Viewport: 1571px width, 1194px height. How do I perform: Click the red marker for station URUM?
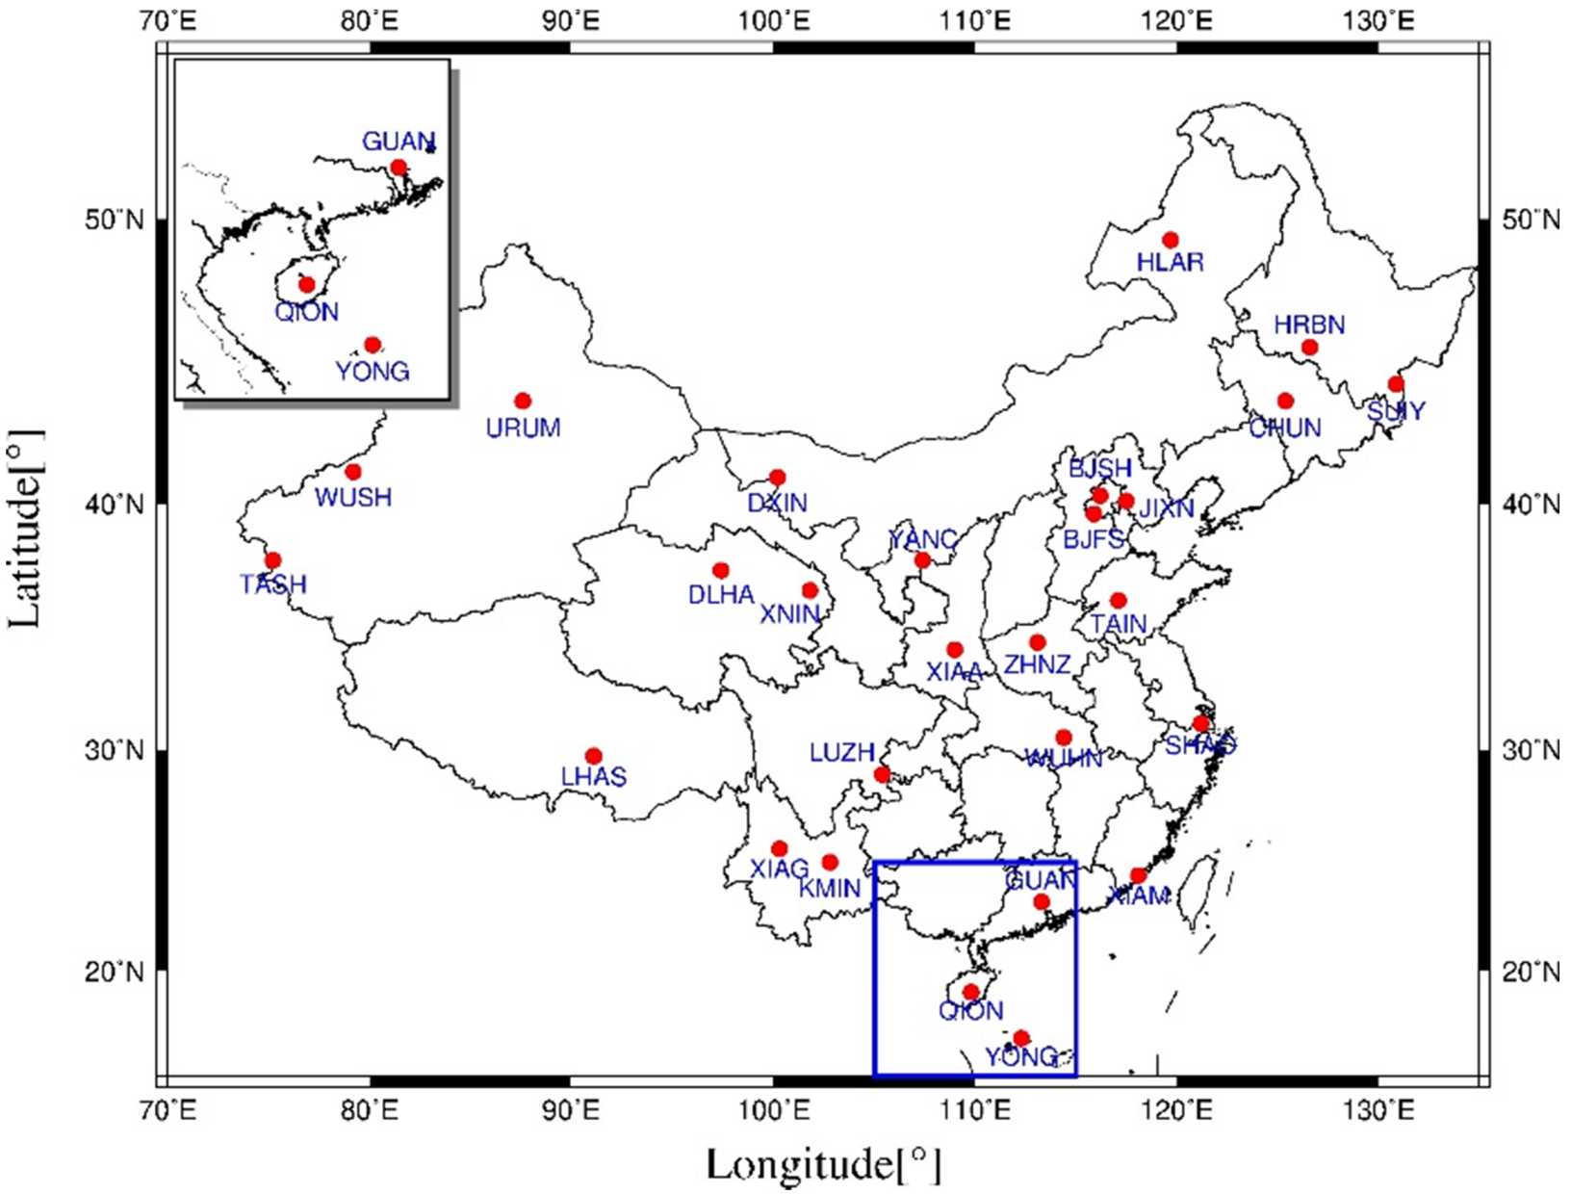click(523, 401)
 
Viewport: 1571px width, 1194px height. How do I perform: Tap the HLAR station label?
click(1170, 262)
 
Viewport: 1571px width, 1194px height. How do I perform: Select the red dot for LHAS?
click(594, 756)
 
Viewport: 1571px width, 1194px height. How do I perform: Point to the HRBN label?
click(1309, 324)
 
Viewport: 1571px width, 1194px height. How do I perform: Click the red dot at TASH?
click(272, 560)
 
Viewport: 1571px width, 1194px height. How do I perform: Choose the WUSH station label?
click(353, 497)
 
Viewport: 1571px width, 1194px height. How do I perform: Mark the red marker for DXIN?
click(778, 478)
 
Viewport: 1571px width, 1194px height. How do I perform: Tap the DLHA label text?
click(721, 595)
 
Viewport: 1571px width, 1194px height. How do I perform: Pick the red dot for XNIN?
click(810, 590)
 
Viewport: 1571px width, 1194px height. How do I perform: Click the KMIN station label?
click(830, 887)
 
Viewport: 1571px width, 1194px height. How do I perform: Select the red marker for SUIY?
click(1396, 384)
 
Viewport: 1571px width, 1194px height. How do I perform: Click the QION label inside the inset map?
click(307, 312)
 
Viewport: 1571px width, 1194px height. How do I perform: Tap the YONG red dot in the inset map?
click(373, 345)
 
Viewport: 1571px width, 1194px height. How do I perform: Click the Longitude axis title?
click(823, 1165)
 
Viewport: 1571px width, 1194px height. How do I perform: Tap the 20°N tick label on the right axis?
click(1531, 971)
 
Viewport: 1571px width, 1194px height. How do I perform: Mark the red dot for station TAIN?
click(1118, 601)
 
